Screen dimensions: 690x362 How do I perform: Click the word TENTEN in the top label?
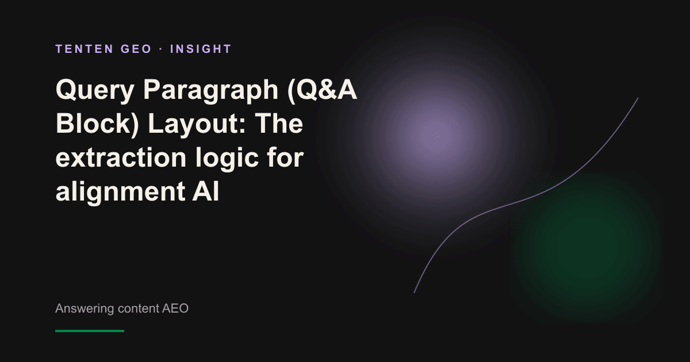(x=85, y=49)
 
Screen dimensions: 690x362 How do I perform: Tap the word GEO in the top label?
(x=136, y=49)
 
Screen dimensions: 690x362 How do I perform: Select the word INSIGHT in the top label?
(x=201, y=49)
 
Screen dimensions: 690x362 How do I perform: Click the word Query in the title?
(x=95, y=91)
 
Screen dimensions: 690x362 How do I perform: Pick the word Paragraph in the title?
(x=211, y=91)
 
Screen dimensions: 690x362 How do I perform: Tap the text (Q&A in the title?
(x=322, y=90)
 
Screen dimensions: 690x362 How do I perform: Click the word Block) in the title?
(x=97, y=124)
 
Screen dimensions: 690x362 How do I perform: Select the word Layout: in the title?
(x=197, y=124)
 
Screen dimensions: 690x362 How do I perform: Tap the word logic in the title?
(x=227, y=158)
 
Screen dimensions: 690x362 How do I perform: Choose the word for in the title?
(x=285, y=157)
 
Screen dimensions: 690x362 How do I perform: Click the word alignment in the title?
(x=120, y=192)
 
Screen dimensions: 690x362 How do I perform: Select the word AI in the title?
(x=206, y=191)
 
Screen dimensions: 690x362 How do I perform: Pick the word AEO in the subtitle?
(x=175, y=309)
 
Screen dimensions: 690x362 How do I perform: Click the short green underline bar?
(x=90, y=331)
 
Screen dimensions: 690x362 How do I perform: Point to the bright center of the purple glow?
(x=436, y=136)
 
